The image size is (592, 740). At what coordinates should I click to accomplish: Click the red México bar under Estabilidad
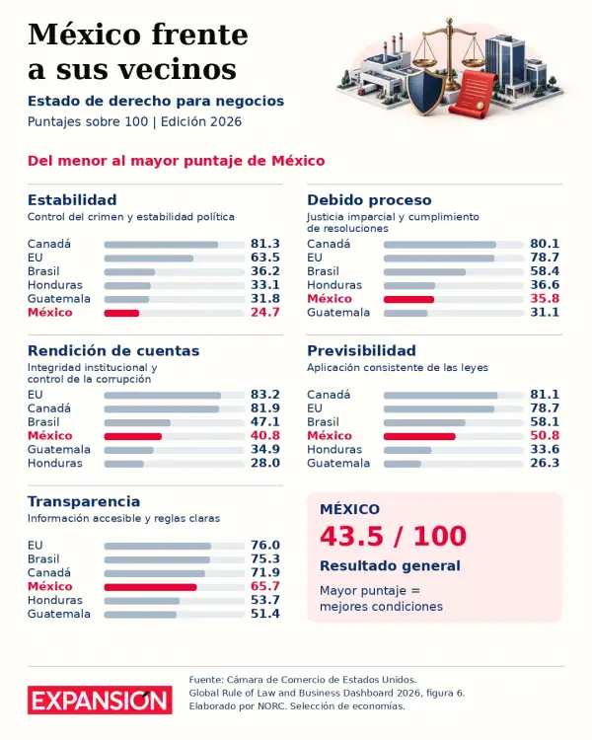coord(121,313)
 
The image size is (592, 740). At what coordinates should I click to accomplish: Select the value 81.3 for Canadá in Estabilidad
coord(264,244)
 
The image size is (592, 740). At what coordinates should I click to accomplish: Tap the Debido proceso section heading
coord(369,199)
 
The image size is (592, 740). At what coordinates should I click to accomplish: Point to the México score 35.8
coord(545,298)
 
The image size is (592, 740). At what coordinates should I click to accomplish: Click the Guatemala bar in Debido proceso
coord(406,313)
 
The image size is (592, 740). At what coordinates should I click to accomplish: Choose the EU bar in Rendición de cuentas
coord(163,395)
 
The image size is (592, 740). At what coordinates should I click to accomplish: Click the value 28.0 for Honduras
coord(264,463)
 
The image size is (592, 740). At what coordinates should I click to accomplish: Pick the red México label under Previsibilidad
coord(329,435)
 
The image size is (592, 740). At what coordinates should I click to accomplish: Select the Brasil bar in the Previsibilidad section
coord(424,422)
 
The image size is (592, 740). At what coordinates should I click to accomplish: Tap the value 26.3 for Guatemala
coord(545,463)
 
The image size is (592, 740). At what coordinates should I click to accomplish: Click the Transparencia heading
coord(84,501)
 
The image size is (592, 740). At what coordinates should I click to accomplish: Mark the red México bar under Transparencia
coord(150,587)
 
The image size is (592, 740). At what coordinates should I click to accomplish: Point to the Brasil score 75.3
coord(264,558)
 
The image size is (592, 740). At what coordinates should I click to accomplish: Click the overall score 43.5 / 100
coord(393,536)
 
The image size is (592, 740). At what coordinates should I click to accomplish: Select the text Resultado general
coord(390,565)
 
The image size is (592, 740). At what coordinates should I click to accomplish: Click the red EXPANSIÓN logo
coord(100,700)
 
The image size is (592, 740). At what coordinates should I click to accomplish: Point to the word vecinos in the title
coord(177,69)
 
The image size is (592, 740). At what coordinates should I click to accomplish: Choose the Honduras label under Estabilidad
coord(55,284)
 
